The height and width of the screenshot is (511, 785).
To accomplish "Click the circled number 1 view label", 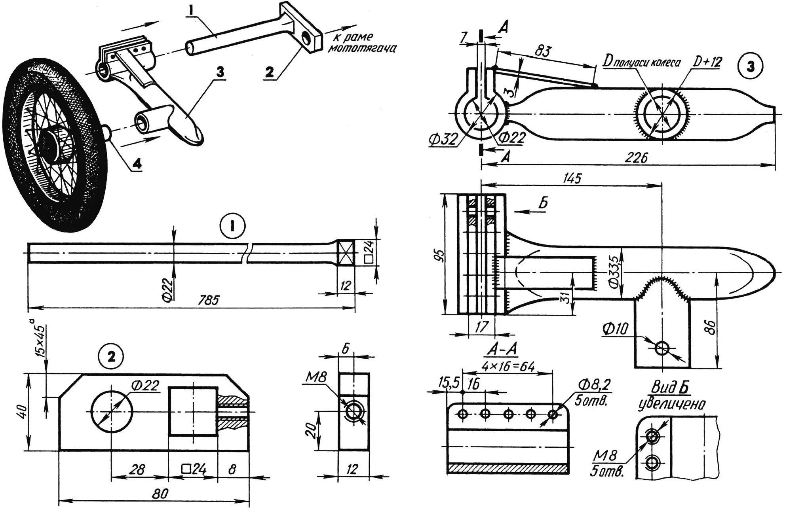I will (x=232, y=226).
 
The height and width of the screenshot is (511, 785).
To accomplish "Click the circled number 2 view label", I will (x=111, y=357).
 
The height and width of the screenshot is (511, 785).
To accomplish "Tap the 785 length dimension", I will (x=209, y=300).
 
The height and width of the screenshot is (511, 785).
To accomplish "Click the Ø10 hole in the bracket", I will (x=661, y=348).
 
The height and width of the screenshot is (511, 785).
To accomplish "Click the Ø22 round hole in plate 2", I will (x=112, y=411).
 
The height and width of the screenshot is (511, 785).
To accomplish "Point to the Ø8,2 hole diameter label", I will (x=594, y=384).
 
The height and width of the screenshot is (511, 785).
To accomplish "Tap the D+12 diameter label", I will (x=709, y=62).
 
